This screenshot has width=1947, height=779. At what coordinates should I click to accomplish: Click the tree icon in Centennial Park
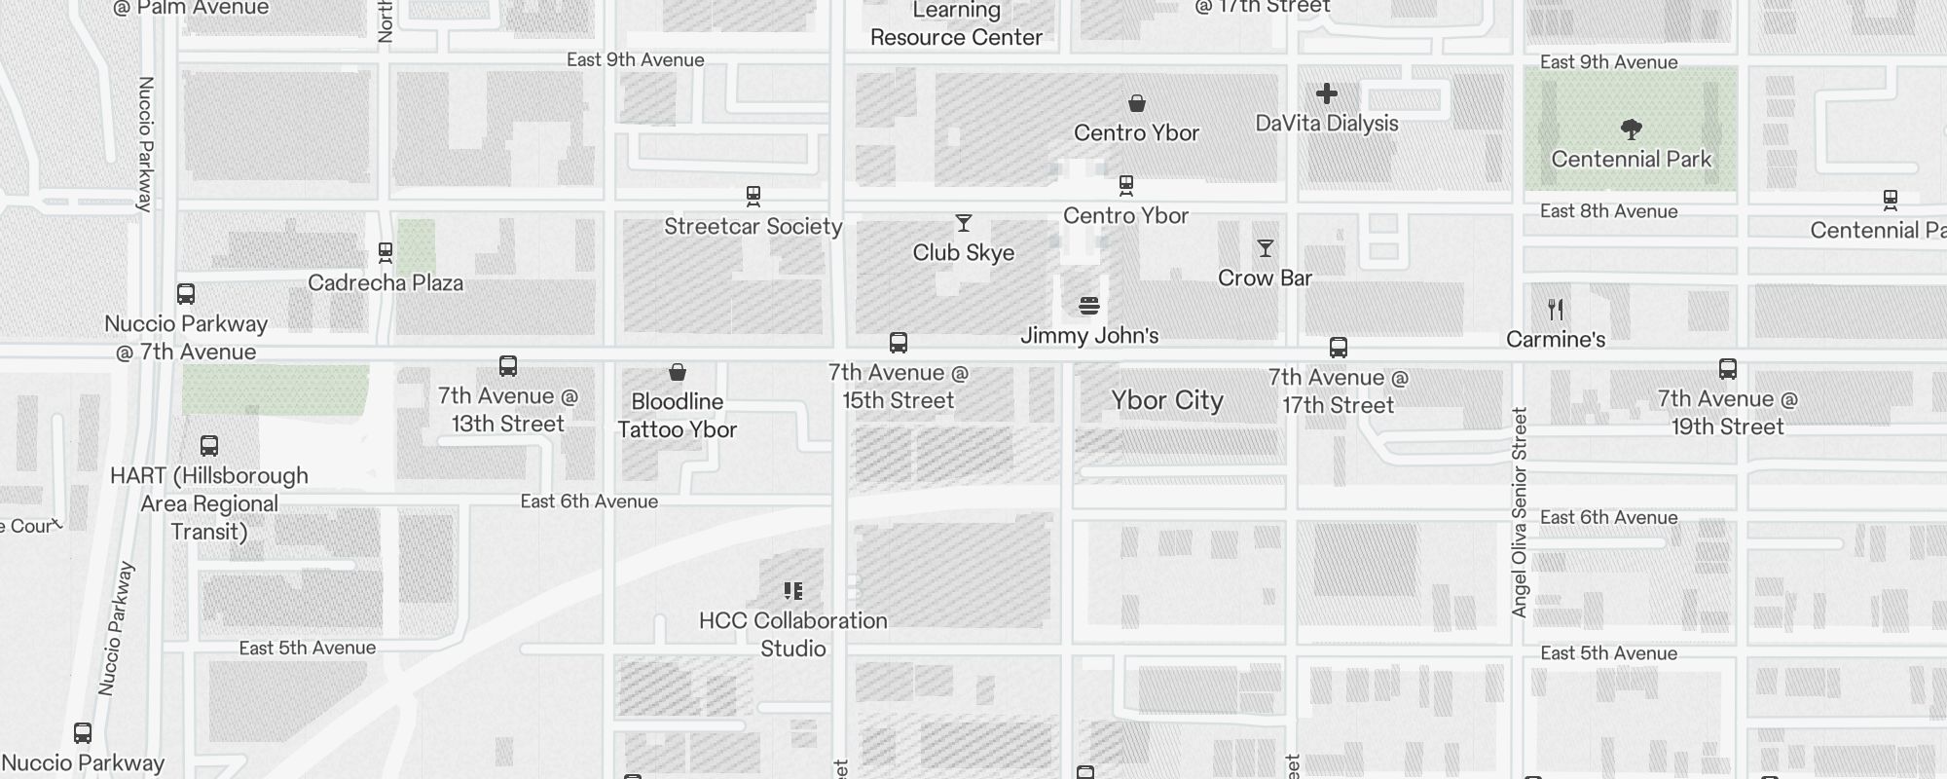[1632, 129]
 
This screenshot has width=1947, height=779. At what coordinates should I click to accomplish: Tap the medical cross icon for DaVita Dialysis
[1326, 93]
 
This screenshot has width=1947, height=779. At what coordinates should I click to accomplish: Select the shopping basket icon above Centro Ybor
[1136, 103]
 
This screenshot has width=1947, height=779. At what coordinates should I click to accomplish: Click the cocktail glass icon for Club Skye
[964, 223]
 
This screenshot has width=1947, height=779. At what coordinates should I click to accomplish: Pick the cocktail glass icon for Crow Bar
[1265, 248]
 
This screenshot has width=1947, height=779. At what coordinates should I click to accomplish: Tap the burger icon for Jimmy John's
[1089, 306]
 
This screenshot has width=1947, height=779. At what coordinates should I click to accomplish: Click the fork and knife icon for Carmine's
[1556, 310]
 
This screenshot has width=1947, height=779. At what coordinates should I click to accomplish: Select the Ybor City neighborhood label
[1167, 400]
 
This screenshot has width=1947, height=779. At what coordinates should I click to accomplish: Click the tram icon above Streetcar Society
[753, 196]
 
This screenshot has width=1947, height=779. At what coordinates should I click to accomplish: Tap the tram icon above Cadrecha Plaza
[386, 253]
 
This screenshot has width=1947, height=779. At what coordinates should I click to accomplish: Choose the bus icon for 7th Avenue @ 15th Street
[899, 343]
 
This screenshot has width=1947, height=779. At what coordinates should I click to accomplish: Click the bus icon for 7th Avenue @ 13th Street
[508, 366]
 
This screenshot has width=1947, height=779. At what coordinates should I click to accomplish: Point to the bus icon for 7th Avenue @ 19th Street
[1728, 369]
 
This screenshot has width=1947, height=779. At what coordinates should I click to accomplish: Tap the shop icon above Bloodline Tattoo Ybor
[678, 372]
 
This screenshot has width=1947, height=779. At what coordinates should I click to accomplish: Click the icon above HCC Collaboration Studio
[793, 591]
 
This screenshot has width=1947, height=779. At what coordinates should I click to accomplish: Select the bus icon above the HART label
[209, 446]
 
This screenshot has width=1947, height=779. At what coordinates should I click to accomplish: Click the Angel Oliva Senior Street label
[1520, 512]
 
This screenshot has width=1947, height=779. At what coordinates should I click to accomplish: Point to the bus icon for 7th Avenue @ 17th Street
[1339, 348]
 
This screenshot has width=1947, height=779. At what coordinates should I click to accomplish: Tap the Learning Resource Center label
[956, 24]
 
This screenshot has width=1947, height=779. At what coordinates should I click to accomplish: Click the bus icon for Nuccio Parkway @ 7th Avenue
[186, 294]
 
